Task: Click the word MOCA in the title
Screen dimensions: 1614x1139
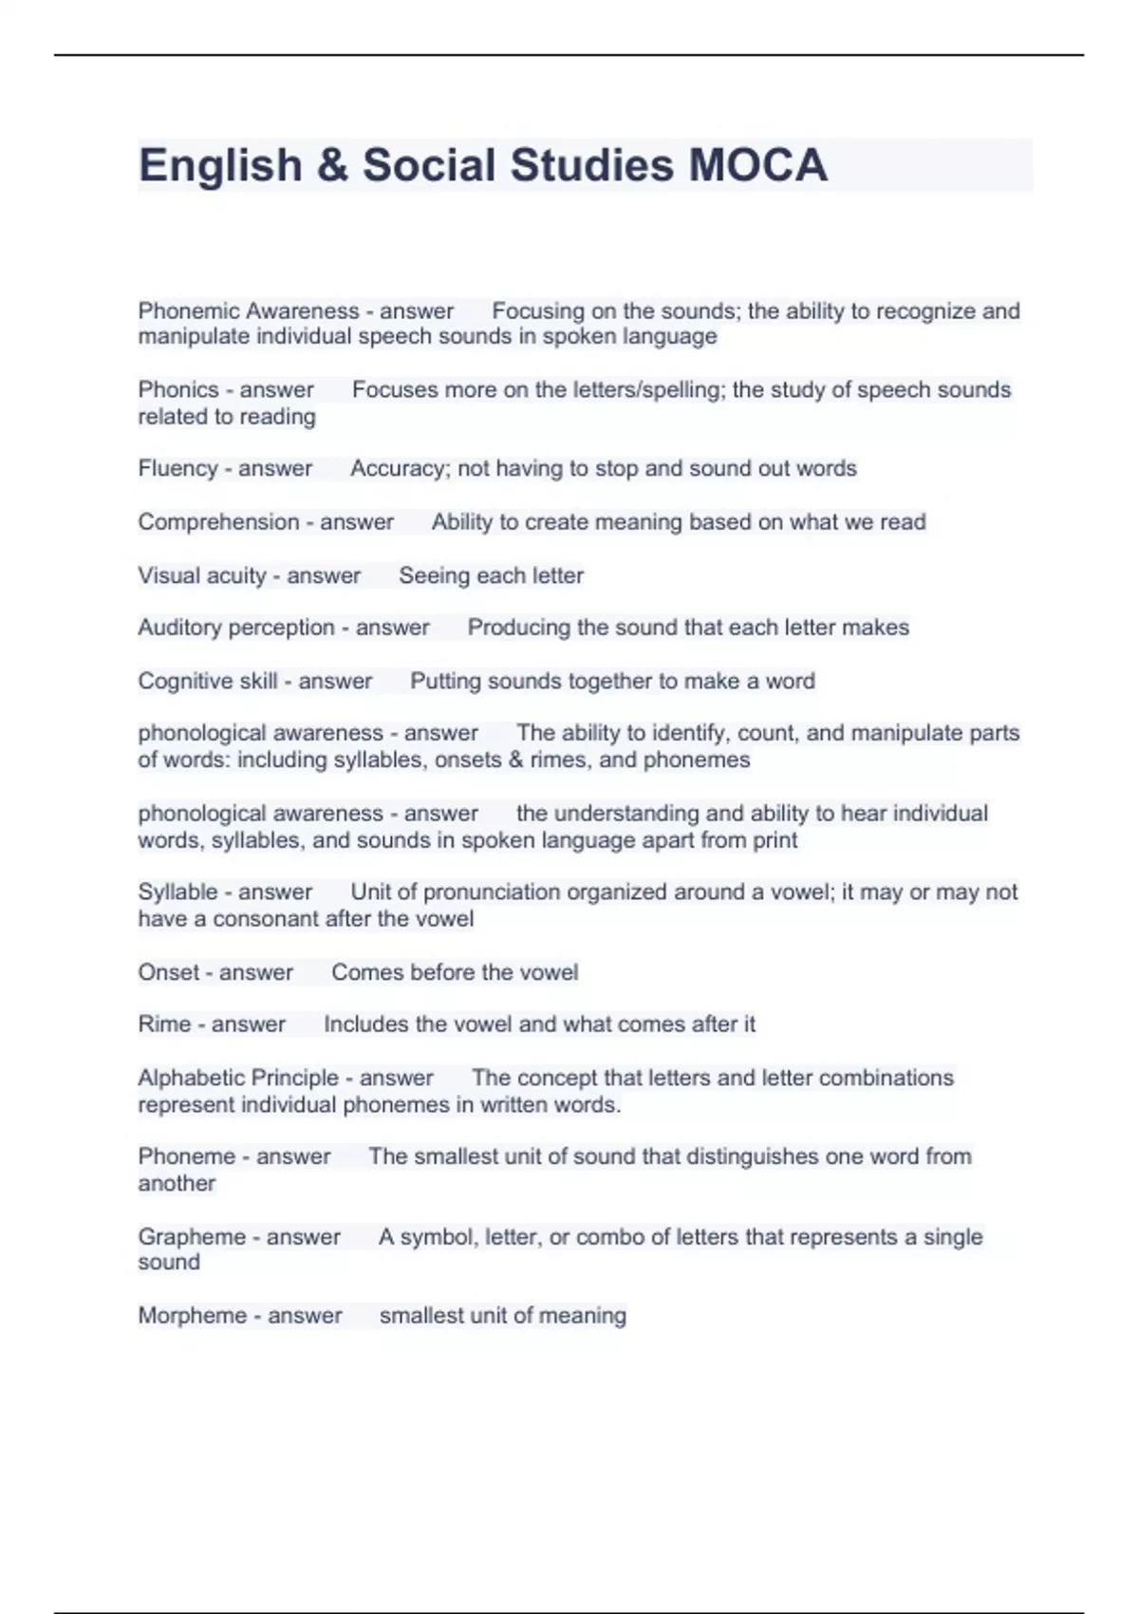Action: coord(757,165)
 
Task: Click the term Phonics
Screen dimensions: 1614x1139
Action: coord(178,389)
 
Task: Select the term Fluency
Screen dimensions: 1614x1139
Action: coord(177,468)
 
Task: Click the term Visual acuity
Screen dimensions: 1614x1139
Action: coord(202,575)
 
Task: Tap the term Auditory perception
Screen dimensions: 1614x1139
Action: coord(236,628)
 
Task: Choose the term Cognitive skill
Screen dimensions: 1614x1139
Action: coord(208,681)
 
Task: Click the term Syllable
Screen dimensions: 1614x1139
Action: coord(177,891)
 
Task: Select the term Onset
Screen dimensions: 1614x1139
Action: coord(168,972)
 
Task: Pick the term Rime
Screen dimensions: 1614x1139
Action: coord(164,1023)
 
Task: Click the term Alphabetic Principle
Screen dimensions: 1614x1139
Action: coord(238,1078)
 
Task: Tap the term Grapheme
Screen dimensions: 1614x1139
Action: coord(192,1236)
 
